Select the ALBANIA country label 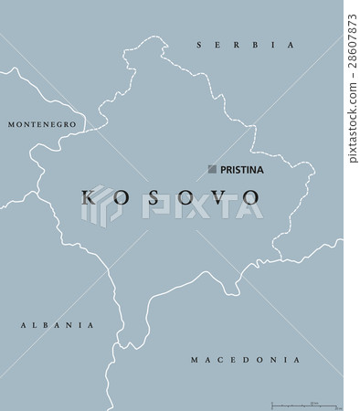(57, 324)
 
